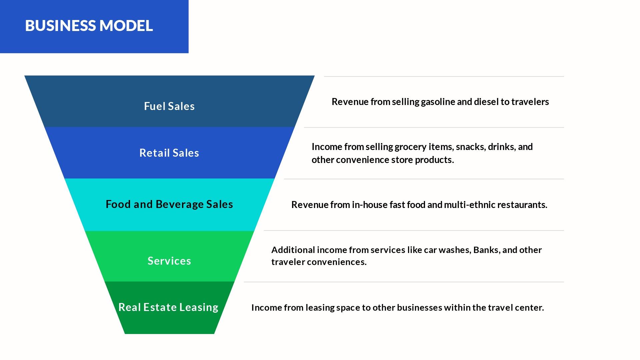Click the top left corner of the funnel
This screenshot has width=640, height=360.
[x=24, y=76]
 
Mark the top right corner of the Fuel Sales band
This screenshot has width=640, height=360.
[x=315, y=76]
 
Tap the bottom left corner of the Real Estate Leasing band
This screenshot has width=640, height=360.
[x=125, y=334]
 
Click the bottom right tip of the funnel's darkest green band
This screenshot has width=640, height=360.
[x=214, y=334]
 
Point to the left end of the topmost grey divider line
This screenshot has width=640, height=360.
[x=324, y=76]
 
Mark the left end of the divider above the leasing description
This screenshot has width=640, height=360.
[x=244, y=282]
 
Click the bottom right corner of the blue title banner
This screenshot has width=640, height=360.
[x=189, y=53]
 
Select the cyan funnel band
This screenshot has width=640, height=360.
[x=169, y=205]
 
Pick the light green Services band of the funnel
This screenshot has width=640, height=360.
[x=169, y=256]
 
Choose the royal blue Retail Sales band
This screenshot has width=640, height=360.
[x=169, y=153]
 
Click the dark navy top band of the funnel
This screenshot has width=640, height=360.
[x=169, y=101]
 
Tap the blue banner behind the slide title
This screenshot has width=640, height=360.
[x=94, y=27]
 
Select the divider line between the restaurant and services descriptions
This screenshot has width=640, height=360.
[x=414, y=230]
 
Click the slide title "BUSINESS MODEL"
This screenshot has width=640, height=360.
[x=89, y=26]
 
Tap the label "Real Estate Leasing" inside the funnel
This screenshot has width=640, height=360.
[x=168, y=307]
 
